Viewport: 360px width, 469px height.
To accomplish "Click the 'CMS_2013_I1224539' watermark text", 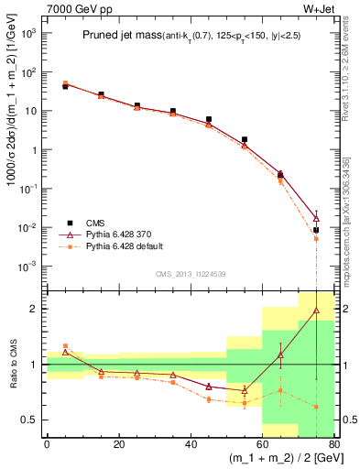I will tap(189, 275).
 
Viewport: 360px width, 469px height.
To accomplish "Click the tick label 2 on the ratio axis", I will tap(36, 309).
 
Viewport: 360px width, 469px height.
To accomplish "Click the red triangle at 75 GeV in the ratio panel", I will tap(316, 311).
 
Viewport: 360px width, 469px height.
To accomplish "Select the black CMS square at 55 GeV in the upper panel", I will tap(245, 140).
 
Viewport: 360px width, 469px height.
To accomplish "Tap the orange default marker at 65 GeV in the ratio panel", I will tap(280, 390).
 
